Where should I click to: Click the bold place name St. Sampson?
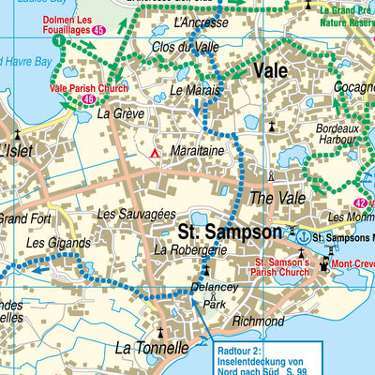click(x=230, y=231)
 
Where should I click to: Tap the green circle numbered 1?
click(x=59, y=41)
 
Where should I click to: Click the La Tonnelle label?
click(x=151, y=348)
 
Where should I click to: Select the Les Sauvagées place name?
click(x=136, y=215)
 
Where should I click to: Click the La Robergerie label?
click(x=191, y=249)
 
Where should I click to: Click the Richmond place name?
click(x=258, y=321)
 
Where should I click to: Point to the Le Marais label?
click(x=195, y=90)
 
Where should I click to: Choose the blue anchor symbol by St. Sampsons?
click(x=302, y=236)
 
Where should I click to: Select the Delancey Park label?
click(x=217, y=296)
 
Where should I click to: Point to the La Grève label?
click(x=119, y=112)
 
